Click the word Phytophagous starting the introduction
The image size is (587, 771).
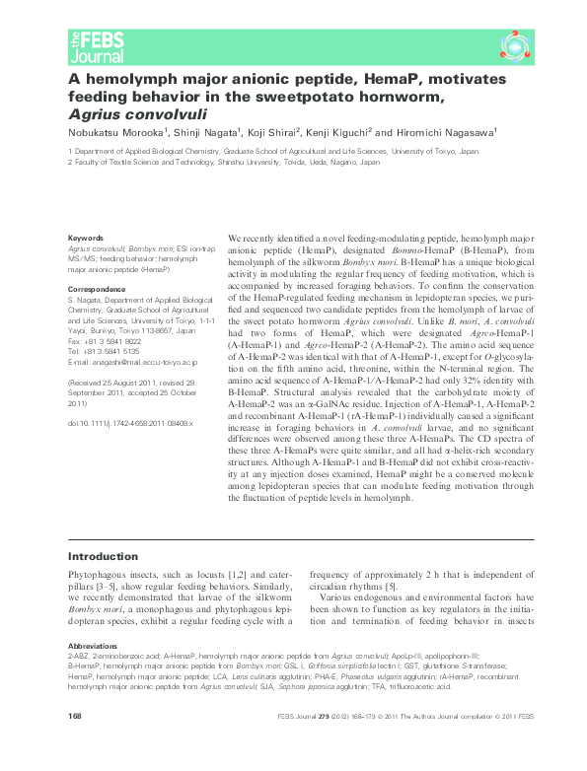[x=99, y=573]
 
